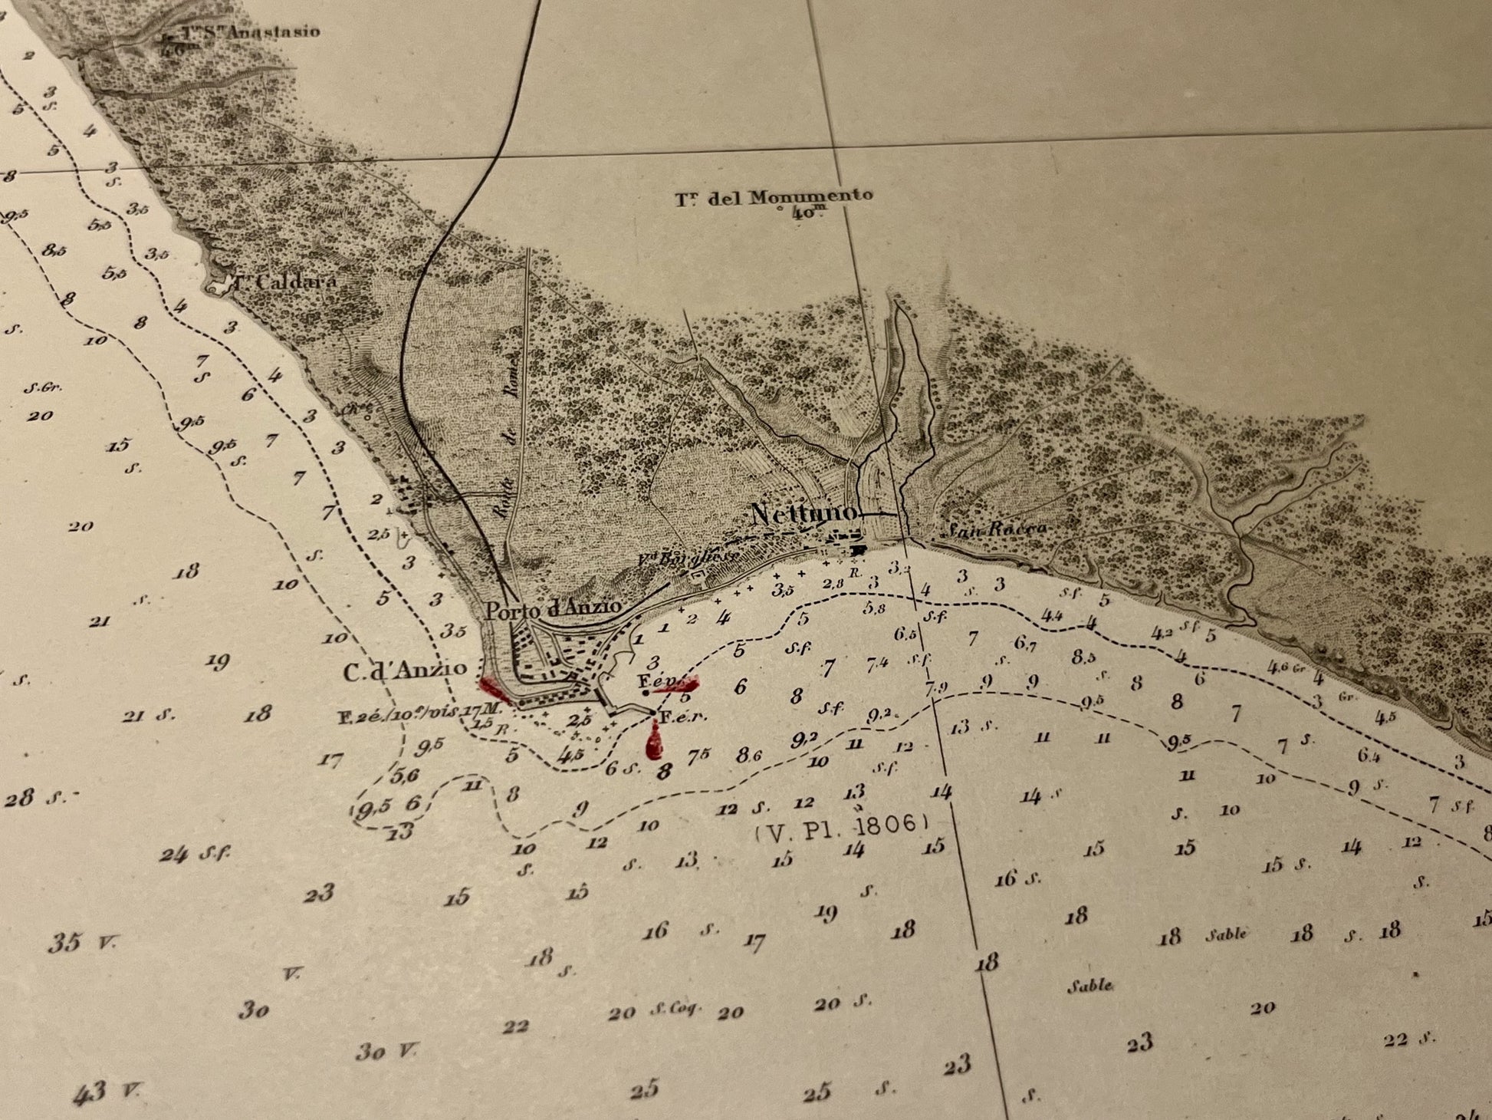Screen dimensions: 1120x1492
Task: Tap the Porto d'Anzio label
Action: [x=554, y=609]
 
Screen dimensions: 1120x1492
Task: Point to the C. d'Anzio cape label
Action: [x=404, y=671]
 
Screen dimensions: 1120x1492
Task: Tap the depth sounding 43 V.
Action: [x=107, y=1092]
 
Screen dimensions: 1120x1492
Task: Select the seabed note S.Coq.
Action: [x=675, y=1010]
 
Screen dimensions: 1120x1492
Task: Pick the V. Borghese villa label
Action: [x=688, y=558]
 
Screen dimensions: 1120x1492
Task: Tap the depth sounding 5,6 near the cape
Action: [x=406, y=776]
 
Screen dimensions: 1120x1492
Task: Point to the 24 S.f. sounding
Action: [x=195, y=854]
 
